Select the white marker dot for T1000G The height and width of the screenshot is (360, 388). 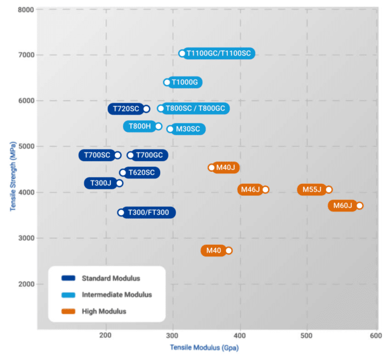(x=167, y=83)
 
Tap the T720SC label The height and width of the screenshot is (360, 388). (x=125, y=109)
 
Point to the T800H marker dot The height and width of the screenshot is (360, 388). (x=159, y=126)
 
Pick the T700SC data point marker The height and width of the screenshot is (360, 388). (x=118, y=155)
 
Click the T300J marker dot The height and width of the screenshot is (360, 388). (x=119, y=183)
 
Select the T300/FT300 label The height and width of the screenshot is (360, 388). (x=151, y=213)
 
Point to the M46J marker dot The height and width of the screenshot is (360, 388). (x=266, y=189)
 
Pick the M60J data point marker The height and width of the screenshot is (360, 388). (x=359, y=205)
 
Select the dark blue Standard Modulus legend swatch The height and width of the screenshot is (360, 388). (x=69, y=278)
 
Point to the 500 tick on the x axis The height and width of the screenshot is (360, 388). (x=307, y=336)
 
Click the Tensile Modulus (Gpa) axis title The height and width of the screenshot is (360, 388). (x=198, y=348)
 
